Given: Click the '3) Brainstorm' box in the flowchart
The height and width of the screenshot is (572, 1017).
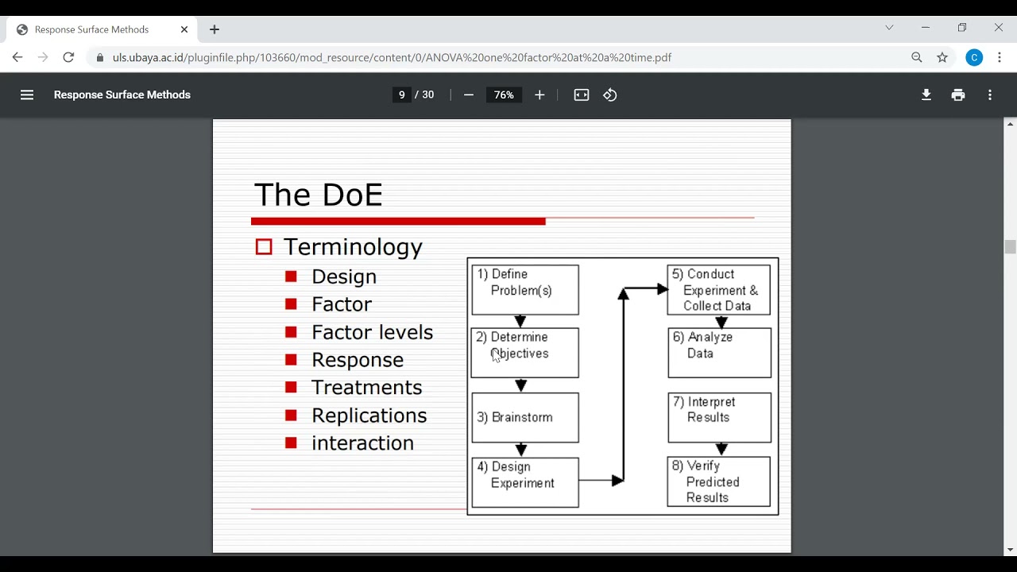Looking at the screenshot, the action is coord(525,418).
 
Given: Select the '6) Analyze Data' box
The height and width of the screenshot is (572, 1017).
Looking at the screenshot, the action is coord(720,353).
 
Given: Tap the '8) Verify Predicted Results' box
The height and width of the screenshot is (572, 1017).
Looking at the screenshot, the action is coord(719,481).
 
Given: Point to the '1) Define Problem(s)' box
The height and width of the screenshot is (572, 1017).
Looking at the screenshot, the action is coord(525,290).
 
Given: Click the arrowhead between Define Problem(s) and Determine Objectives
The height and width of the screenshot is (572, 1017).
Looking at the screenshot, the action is coord(520,321).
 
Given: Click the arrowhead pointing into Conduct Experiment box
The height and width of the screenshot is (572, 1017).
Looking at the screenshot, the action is coord(663,288).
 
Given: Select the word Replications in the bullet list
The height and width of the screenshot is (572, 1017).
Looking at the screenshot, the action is coord(369,415).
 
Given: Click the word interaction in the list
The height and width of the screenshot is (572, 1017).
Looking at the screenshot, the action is coord(363,443).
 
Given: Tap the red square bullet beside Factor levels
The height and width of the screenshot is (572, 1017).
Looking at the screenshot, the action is coord(291,332).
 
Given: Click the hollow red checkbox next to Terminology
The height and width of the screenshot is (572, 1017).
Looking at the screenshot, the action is coord(264,247).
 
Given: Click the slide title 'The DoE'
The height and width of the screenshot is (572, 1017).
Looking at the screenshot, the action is coord(319,195).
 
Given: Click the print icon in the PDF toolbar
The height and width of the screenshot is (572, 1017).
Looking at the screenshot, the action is coord(958,95).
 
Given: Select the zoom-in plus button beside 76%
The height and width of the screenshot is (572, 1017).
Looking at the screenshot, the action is coord(539,95).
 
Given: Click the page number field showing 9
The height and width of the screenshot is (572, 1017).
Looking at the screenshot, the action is coord(402,95).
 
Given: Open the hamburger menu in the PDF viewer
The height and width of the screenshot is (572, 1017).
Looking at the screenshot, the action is coord(27,95).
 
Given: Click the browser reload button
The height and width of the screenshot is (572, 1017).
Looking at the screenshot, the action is coord(68,57).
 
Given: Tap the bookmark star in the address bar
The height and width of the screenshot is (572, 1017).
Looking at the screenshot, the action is coord(942,57).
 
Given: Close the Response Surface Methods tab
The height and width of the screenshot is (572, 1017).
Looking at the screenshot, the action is coord(184,29).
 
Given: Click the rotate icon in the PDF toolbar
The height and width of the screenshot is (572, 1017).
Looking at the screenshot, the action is coord(609,95).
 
